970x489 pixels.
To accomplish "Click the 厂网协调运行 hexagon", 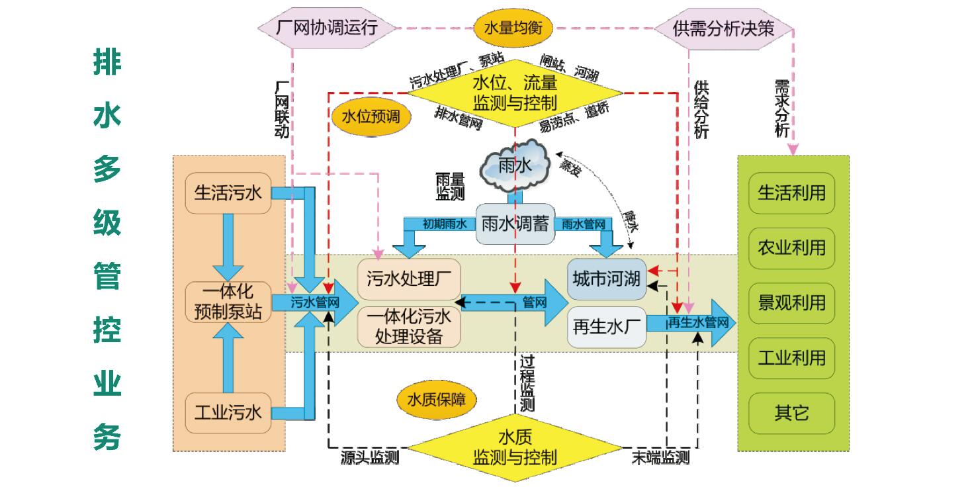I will coord(326,28).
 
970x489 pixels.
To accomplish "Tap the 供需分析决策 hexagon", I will coord(723,28).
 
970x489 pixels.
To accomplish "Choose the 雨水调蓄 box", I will coord(515,224).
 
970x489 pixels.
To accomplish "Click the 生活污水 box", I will coord(228,193).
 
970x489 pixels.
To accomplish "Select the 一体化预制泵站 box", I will coord(228,302).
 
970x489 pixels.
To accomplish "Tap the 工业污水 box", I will coord(228,413).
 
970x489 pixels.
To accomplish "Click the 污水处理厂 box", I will coord(408,279).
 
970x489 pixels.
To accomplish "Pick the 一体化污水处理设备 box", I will coord(408,326).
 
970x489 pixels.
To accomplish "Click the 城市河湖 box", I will coord(606,279).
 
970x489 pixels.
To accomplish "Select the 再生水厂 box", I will coord(606,327).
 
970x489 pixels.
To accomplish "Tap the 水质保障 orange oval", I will coord(436,400).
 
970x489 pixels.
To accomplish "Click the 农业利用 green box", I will coord(791,247).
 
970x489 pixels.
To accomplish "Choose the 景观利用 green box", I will coord(791,303).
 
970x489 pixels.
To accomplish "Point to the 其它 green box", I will coord(791,414).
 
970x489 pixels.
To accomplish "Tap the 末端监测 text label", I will coord(660,457).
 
